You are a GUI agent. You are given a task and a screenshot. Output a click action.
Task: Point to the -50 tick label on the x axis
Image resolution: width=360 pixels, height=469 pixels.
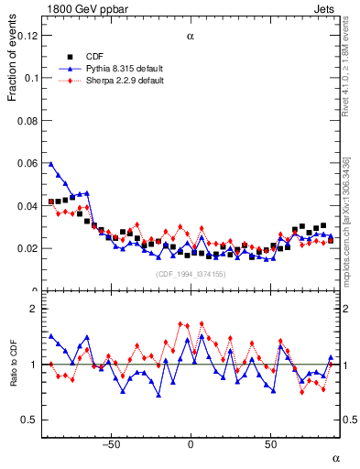110,444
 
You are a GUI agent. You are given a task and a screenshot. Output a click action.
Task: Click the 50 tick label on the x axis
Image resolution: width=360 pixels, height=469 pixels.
271,444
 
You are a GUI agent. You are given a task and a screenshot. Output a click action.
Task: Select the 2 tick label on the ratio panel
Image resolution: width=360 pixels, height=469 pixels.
37,309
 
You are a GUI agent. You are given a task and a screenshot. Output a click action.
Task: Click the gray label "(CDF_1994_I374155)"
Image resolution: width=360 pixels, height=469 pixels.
191,274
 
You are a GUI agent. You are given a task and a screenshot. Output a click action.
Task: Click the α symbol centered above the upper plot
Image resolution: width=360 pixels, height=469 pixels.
191,37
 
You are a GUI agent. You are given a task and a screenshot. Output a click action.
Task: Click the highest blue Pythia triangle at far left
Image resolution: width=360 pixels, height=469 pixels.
51,164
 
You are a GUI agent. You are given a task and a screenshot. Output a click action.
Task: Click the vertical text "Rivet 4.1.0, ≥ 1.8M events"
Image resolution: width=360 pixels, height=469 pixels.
345,69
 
